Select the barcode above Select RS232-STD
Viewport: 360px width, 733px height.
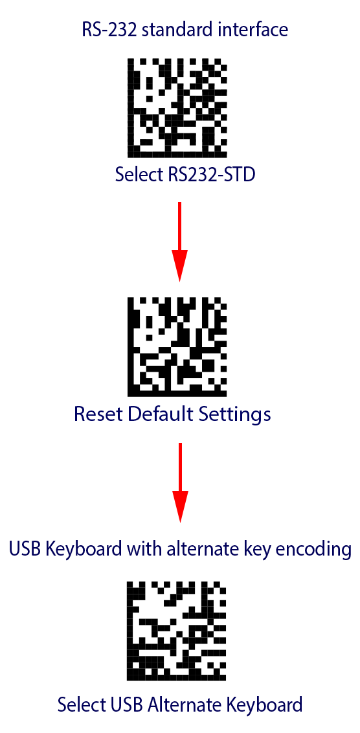tap(177, 107)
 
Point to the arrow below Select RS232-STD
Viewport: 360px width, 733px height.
tap(180, 242)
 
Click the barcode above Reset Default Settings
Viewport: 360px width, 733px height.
tap(177, 346)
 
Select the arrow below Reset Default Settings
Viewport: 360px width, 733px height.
tap(180, 482)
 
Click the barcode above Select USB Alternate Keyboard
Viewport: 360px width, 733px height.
tap(177, 631)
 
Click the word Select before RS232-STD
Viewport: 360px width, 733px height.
tap(138, 176)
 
